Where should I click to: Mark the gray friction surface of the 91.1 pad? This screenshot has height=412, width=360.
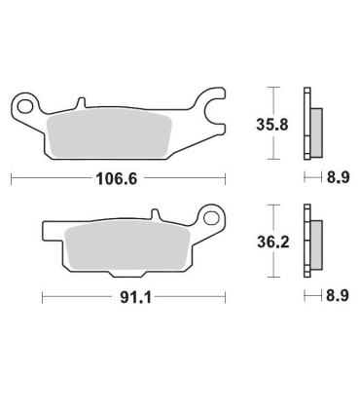pos(126,246)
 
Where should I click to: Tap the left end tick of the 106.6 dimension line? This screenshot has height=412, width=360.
pos(11,178)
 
